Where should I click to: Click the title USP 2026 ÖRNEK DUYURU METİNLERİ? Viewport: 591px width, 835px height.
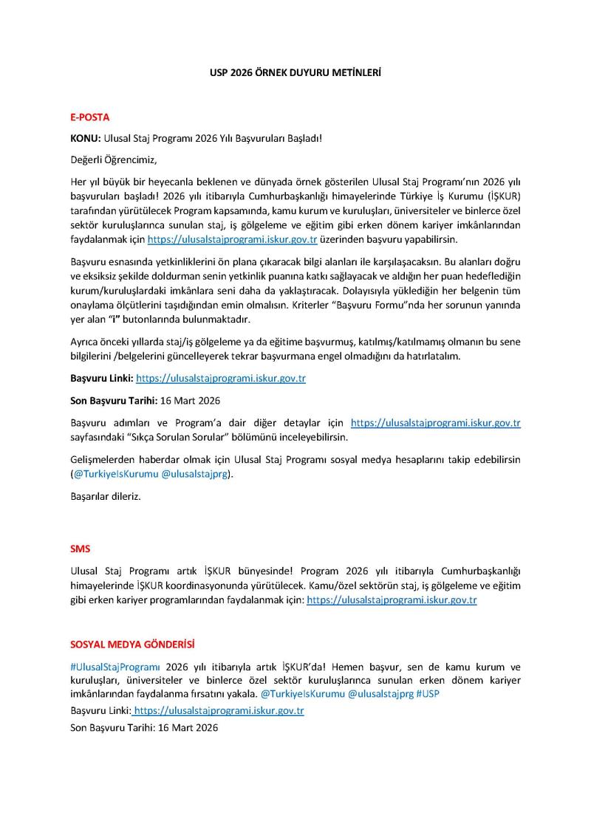(295, 74)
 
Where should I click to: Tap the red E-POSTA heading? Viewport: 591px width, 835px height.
(89, 117)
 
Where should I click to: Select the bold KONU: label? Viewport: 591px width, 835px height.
(86, 138)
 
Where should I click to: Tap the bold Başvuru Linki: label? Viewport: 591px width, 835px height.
(101, 378)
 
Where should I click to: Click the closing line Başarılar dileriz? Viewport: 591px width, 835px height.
(105, 496)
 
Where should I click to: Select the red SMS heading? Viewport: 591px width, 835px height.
(80, 549)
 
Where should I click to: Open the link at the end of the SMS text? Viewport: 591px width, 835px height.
(392, 600)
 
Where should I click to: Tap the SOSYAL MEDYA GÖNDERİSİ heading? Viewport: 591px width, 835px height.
(132, 645)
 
